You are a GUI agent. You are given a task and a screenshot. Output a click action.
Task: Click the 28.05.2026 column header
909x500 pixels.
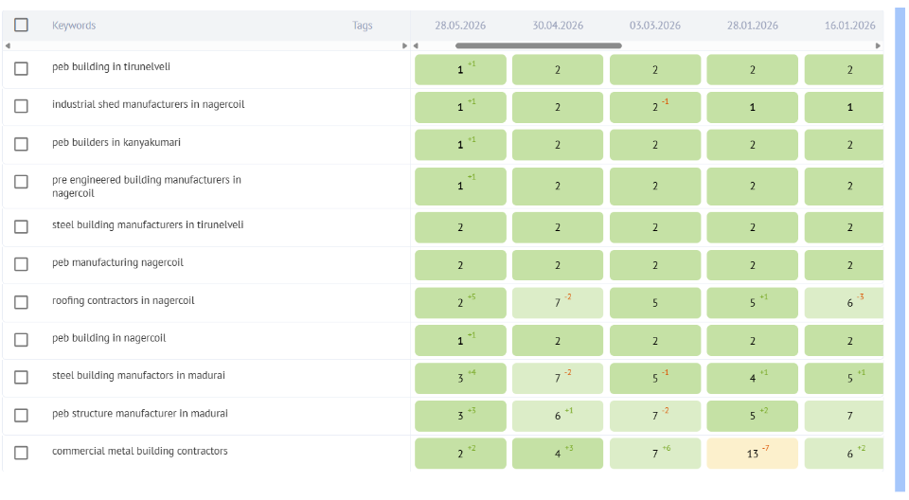pos(460,26)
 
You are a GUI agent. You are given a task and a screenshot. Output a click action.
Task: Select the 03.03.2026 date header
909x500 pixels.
pos(655,26)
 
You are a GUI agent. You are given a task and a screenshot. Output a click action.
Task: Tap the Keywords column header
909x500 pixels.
pos(74,26)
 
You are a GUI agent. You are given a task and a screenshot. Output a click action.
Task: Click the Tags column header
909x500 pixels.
pos(363,26)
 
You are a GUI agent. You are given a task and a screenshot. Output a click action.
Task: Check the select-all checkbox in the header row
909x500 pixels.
pos(21,25)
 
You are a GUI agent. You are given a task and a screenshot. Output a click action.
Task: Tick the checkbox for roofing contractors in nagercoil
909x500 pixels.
pos(21,302)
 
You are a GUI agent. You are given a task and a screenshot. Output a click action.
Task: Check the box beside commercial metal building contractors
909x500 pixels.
pos(21,453)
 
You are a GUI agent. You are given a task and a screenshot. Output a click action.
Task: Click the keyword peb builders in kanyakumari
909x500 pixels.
pos(116,143)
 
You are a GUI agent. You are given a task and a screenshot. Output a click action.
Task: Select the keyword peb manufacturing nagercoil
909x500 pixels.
pos(117,262)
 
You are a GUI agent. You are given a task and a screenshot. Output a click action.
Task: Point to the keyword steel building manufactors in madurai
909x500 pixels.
pos(138,375)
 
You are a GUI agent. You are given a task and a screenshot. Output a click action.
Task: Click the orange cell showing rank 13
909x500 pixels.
pos(753,453)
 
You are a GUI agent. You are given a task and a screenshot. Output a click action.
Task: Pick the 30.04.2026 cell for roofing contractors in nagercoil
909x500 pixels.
pos(558,303)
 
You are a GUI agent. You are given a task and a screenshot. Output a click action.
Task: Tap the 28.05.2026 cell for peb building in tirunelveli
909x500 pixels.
pos(460,70)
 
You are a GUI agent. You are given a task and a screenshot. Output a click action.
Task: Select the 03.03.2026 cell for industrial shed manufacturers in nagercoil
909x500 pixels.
pos(655,107)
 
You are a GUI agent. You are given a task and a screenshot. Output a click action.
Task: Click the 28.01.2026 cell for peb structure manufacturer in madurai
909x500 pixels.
pos(753,416)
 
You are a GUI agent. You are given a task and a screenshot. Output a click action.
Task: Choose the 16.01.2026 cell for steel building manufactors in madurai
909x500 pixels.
pos(844,378)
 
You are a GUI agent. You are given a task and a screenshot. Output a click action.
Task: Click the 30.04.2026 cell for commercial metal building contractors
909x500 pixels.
pos(558,453)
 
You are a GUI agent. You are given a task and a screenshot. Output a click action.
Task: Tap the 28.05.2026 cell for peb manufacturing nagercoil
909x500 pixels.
pos(460,265)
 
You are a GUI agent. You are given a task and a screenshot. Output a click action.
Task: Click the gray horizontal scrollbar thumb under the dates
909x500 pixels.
pos(539,45)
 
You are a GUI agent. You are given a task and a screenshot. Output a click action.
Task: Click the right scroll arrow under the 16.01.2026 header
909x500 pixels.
pos(879,45)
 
